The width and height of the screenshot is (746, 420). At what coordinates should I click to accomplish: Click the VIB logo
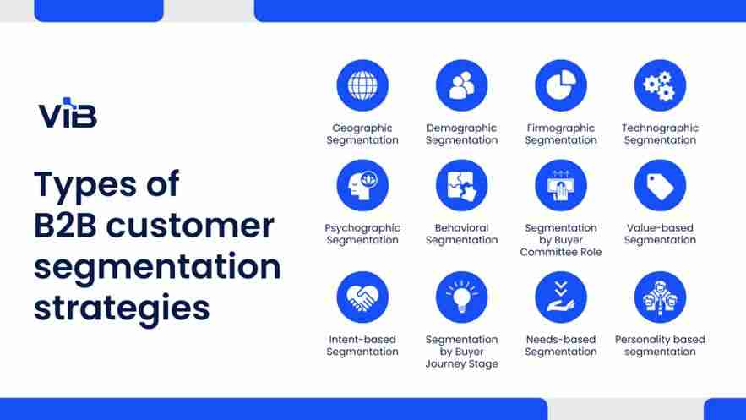pyautogui.click(x=68, y=114)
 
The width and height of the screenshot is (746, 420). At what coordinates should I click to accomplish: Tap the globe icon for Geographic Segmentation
pyautogui.click(x=362, y=85)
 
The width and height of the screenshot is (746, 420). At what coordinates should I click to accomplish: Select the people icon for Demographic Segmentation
pyautogui.click(x=461, y=85)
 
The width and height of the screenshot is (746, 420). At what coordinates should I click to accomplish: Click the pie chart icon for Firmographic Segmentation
pyautogui.click(x=561, y=85)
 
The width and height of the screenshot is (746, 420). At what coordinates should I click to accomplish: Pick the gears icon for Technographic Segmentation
pyautogui.click(x=660, y=85)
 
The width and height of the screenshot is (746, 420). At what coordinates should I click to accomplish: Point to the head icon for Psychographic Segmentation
pyautogui.click(x=362, y=185)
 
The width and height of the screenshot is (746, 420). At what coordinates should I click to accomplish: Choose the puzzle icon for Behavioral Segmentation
pyautogui.click(x=461, y=185)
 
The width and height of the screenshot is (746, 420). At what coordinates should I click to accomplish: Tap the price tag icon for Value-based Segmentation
pyautogui.click(x=660, y=185)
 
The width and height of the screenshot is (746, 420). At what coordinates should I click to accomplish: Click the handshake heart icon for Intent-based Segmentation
pyautogui.click(x=362, y=297)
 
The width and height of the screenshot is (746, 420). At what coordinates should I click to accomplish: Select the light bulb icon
pyautogui.click(x=461, y=297)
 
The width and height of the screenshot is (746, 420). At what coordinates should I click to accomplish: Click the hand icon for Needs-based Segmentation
pyautogui.click(x=561, y=297)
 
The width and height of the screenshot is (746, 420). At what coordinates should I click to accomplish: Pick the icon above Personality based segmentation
pyautogui.click(x=660, y=297)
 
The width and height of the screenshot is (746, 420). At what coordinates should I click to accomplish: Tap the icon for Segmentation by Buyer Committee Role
pyautogui.click(x=561, y=185)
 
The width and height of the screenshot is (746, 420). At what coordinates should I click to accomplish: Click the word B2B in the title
pyautogui.click(x=72, y=226)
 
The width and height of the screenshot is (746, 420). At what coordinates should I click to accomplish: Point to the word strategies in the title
pyautogui.click(x=122, y=308)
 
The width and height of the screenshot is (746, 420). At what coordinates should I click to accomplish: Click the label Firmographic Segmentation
pyautogui.click(x=561, y=134)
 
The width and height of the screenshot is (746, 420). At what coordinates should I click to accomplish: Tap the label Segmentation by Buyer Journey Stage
pyautogui.click(x=461, y=352)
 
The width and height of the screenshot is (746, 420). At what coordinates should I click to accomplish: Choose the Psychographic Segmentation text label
pyautogui.click(x=362, y=234)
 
